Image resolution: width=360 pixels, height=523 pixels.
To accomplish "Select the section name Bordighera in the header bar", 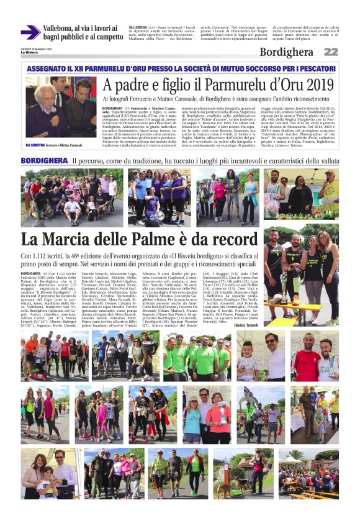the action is pos(286,52).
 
